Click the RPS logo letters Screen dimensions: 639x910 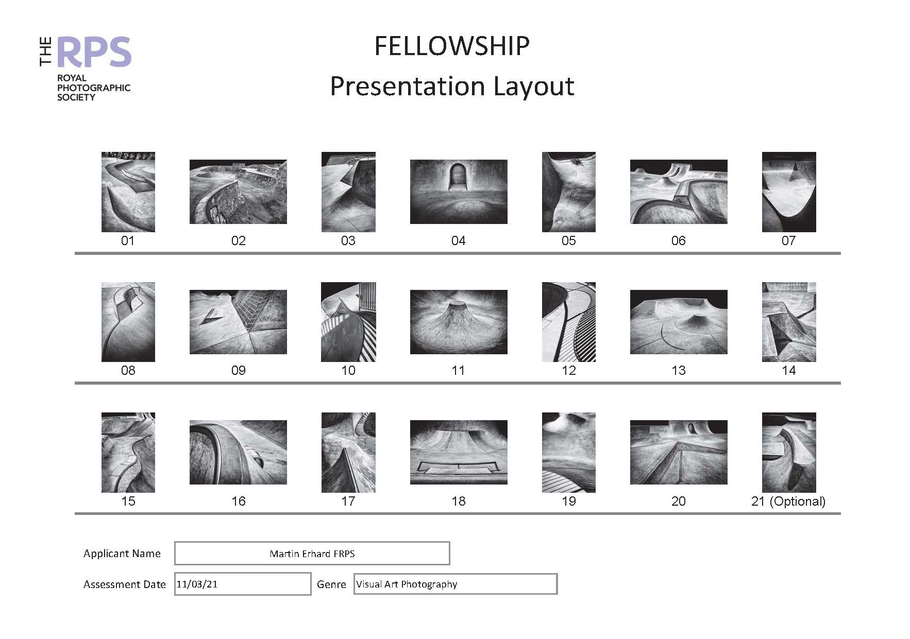(94, 52)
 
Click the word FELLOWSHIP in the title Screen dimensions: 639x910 (451, 46)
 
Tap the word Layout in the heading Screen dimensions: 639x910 (533, 86)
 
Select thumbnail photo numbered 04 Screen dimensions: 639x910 (459, 192)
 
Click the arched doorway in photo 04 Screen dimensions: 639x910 (456, 177)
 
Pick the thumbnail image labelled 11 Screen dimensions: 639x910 (459, 322)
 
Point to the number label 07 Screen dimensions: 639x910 (788, 240)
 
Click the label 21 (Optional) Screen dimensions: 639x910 (788, 501)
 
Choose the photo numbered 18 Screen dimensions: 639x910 (459, 452)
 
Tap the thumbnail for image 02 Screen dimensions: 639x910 (238, 192)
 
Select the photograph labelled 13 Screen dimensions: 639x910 (679, 322)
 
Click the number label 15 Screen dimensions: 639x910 (128, 501)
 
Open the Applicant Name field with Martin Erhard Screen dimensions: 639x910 (312, 554)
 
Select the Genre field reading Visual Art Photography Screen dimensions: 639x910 (455, 584)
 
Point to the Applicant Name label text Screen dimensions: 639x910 (122, 554)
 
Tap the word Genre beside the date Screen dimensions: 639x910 (331, 584)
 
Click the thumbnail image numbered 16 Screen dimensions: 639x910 (238, 452)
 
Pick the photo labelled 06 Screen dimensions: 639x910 (679, 192)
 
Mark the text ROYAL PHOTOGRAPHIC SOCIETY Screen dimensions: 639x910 (93, 88)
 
